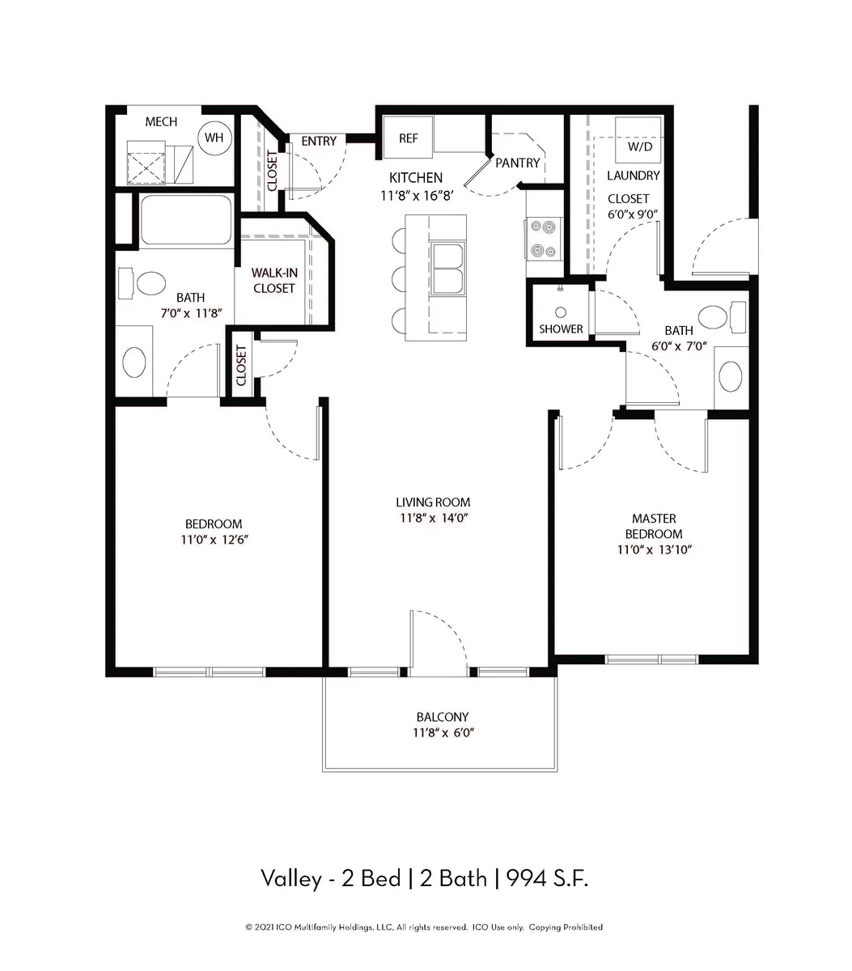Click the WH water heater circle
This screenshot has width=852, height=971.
coord(214,138)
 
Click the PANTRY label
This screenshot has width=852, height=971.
coord(518,163)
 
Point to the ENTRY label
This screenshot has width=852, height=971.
coord(319,141)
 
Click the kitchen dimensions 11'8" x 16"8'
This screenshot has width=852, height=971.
coord(417,196)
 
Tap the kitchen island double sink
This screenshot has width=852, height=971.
coord(448,269)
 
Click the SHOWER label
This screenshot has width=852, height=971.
coord(561,329)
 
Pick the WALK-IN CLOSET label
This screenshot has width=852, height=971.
coord(274,280)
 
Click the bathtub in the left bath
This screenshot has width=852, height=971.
coord(186,219)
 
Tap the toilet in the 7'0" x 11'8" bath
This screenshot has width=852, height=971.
coord(142,282)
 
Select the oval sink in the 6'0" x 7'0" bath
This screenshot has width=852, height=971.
coord(731,376)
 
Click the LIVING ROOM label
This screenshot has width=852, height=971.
coord(433,502)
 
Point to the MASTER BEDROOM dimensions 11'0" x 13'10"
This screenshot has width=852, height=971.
coord(654,549)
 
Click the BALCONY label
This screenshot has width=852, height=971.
coord(443,717)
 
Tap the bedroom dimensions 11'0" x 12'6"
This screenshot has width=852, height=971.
coord(214,539)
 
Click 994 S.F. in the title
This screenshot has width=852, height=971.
coord(547,879)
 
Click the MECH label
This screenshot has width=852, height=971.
coord(161,121)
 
